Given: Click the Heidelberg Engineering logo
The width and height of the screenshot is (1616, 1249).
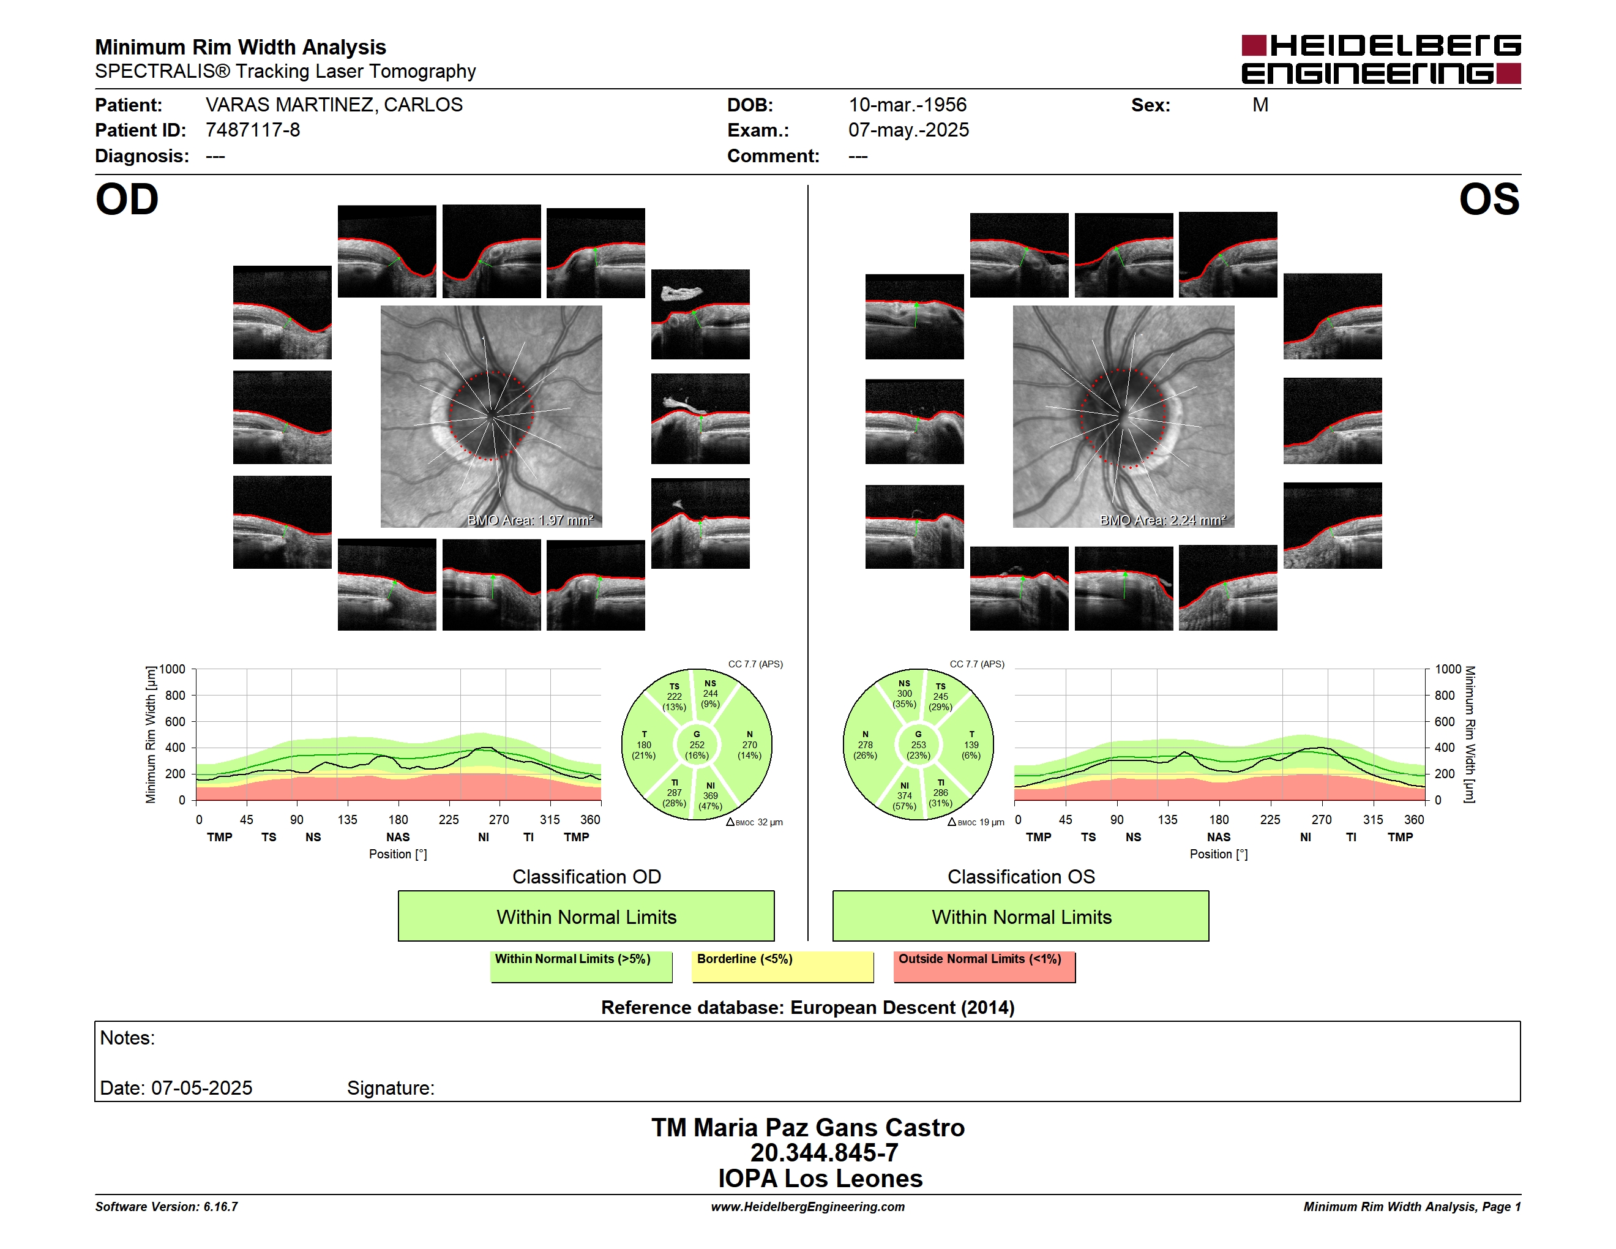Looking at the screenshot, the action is pyautogui.click(x=1381, y=59).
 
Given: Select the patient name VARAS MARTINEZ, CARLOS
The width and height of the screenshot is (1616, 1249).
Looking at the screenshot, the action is pyautogui.click(x=334, y=105).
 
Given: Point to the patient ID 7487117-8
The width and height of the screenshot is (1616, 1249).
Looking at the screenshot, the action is pyautogui.click(x=253, y=130).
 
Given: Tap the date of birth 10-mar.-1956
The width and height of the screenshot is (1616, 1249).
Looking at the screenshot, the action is pyautogui.click(x=907, y=105).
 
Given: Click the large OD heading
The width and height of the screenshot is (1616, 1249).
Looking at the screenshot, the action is pyautogui.click(x=127, y=200).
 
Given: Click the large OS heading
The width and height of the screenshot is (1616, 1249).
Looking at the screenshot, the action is pyautogui.click(x=1489, y=200).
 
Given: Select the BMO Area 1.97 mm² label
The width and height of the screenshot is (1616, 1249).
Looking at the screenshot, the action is pyautogui.click(x=529, y=520).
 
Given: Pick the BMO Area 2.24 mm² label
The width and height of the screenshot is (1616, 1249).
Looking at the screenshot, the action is pyautogui.click(x=1162, y=520).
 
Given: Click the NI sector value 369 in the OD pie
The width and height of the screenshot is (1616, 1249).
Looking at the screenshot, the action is pyautogui.click(x=710, y=796).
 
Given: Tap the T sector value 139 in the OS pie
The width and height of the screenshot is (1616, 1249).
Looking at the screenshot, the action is pyautogui.click(x=971, y=745).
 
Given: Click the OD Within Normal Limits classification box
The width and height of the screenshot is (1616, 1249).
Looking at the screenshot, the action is pyautogui.click(x=586, y=916).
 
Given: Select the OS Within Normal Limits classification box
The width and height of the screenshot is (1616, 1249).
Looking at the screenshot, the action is pyautogui.click(x=1021, y=916).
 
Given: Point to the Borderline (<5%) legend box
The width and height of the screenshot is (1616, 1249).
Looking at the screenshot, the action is pyautogui.click(x=783, y=966).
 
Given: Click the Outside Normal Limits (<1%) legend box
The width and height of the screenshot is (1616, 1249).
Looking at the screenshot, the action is pyautogui.click(x=985, y=966).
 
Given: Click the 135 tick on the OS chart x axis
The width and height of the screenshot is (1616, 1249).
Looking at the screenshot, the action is pyautogui.click(x=1167, y=820).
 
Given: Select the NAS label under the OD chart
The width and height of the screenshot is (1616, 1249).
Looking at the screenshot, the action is pyautogui.click(x=398, y=837).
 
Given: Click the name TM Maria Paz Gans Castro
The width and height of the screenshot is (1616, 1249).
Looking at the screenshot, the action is pyautogui.click(x=808, y=1128).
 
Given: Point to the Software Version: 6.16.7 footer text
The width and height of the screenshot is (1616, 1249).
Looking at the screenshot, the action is pyautogui.click(x=166, y=1207).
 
